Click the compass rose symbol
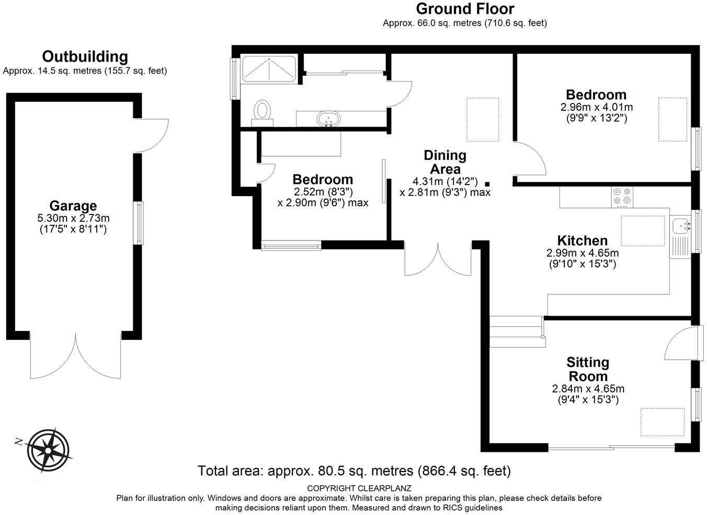click(48, 450)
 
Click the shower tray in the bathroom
click(269, 70)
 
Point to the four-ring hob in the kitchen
click(622, 197)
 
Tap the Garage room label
click(73, 206)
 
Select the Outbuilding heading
click(85, 56)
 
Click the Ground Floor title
click(465, 9)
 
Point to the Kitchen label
click(583, 241)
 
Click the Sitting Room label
click(588, 369)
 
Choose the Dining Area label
click(445, 162)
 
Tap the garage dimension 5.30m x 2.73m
click(73, 218)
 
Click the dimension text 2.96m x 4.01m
click(597, 107)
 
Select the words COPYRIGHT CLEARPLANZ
click(359, 488)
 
